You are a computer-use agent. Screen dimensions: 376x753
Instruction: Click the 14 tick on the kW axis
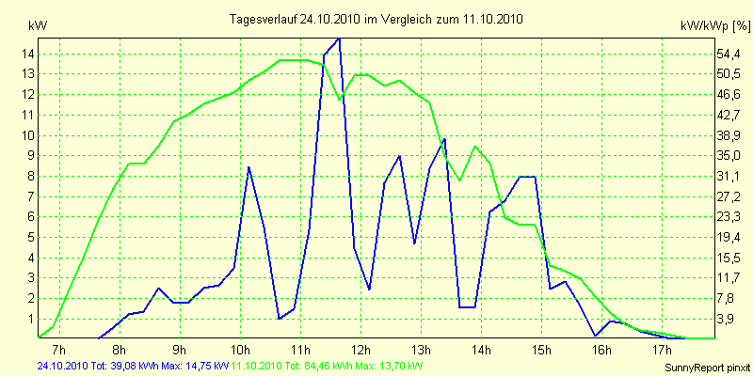coord(29,54)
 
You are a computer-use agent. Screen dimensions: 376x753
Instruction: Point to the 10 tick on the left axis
coord(29,135)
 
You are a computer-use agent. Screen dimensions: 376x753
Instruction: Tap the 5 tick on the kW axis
coord(31,258)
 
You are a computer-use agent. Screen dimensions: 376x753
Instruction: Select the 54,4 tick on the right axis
coord(730,54)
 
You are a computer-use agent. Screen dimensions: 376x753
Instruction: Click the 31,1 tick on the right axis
coord(730,177)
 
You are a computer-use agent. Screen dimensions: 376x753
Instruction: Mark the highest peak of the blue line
coord(339,39)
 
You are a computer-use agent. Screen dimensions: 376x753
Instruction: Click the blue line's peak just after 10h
coord(248,167)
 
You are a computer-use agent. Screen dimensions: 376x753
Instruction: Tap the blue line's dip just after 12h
coord(369,290)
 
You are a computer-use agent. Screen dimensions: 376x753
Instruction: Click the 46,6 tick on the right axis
coord(730,95)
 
